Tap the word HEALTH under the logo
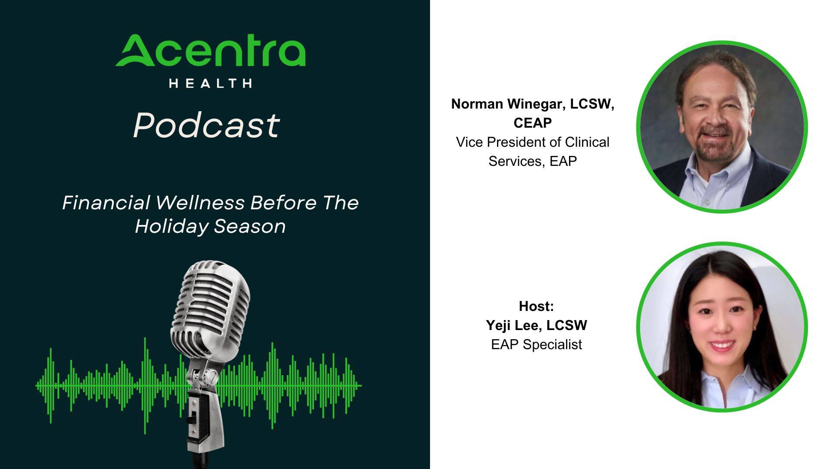(210, 83)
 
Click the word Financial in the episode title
(106, 203)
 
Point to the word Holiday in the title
(172, 227)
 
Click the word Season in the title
(250, 227)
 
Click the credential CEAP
(533, 123)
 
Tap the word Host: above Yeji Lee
(536, 307)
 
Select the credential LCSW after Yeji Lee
(567, 326)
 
